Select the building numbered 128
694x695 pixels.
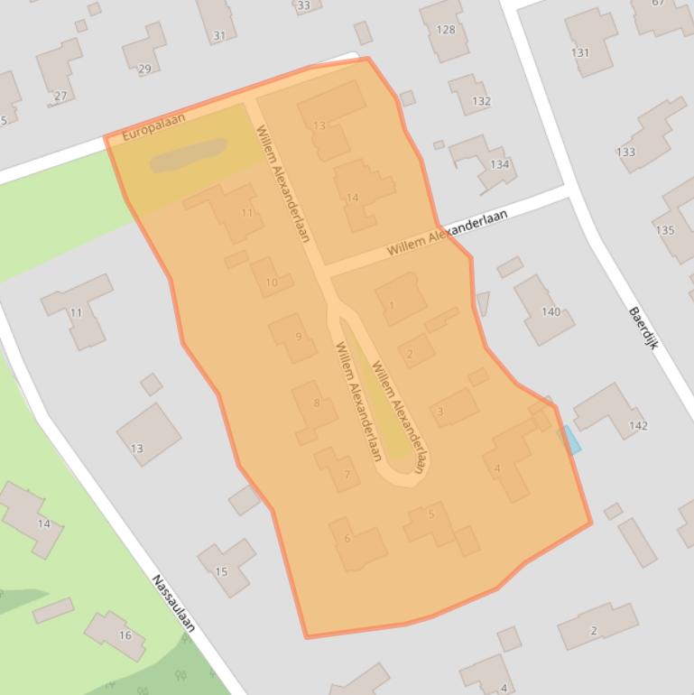(x=445, y=30)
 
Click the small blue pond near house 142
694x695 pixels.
(x=571, y=440)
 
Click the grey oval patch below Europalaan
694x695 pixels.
(x=188, y=155)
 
